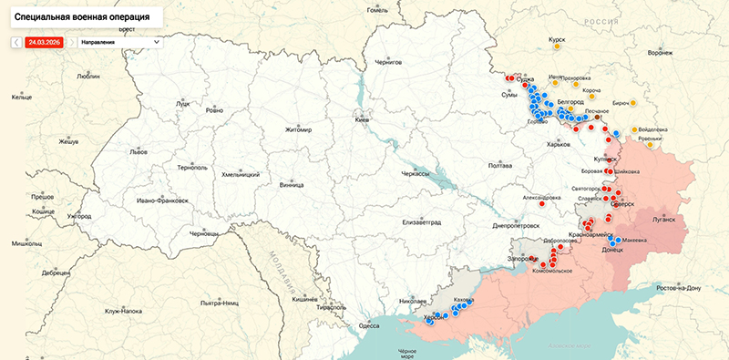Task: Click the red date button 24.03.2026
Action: click(x=45, y=42)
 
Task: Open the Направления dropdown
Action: click(x=119, y=42)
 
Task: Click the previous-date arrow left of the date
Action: click(x=16, y=42)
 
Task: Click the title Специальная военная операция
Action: click(x=79, y=16)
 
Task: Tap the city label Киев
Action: click(x=363, y=120)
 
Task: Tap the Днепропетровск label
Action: click(x=516, y=225)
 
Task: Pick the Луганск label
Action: click(x=663, y=220)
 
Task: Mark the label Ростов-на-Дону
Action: click(x=672, y=288)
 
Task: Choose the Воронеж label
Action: click(x=660, y=53)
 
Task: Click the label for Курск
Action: click(x=557, y=40)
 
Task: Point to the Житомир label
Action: click(x=298, y=129)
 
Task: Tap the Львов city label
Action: click(x=139, y=152)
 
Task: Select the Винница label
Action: click(x=292, y=185)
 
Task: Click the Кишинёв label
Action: click(x=304, y=299)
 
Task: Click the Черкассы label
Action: click(x=416, y=173)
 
